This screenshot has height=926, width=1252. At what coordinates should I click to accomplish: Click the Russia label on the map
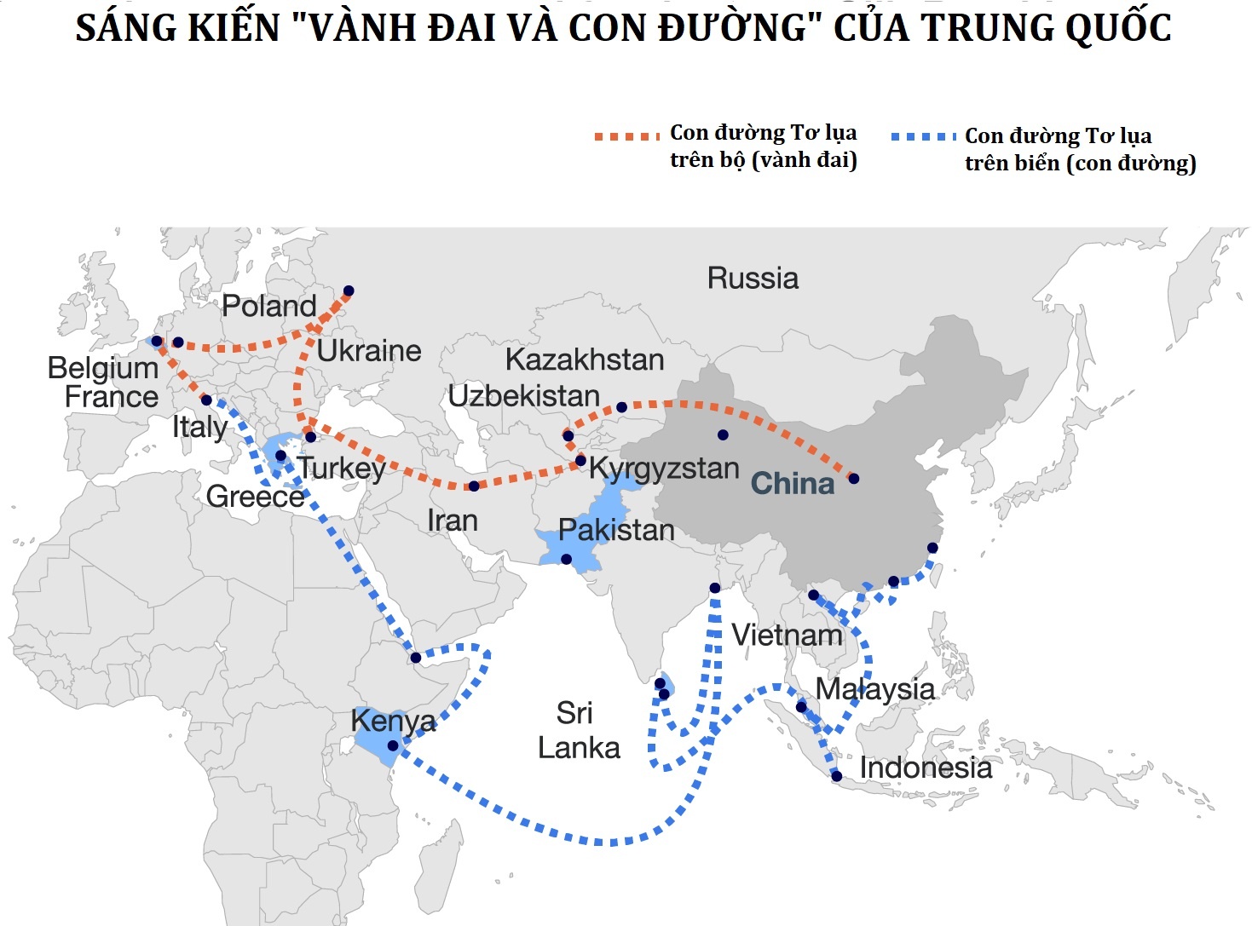click(x=753, y=279)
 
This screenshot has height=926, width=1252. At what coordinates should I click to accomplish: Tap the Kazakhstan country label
click(x=585, y=359)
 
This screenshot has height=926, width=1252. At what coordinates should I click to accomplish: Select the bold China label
click(x=792, y=484)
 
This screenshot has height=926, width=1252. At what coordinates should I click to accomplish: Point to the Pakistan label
click(x=616, y=530)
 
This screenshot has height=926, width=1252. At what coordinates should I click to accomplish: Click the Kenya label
click(x=393, y=722)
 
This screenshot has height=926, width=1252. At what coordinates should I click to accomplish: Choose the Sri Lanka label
click(x=578, y=730)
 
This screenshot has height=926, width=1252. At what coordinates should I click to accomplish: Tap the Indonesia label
click(x=926, y=768)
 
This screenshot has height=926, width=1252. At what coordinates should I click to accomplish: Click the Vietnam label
click(x=787, y=635)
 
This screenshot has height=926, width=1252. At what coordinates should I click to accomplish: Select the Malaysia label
click(x=875, y=688)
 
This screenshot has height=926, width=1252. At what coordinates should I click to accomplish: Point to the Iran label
click(x=452, y=520)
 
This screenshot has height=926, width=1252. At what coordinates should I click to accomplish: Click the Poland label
click(x=269, y=306)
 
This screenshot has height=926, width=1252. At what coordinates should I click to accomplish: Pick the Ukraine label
click(x=369, y=350)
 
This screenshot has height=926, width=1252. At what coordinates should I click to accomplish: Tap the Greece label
click(x=255, y=496)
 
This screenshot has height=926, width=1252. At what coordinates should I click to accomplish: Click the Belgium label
click(x=103, y=368)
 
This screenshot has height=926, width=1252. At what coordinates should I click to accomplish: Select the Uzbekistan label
click(x=524, y=396)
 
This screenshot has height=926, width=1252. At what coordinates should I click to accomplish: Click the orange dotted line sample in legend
click(x=626, y=136)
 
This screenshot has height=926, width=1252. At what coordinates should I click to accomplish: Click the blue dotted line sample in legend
click(x=923, y=136)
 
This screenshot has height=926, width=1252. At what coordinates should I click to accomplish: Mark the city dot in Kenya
click(x=392, y=745)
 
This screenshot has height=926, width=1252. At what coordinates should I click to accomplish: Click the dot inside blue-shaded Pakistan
click(x=566, y=559)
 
